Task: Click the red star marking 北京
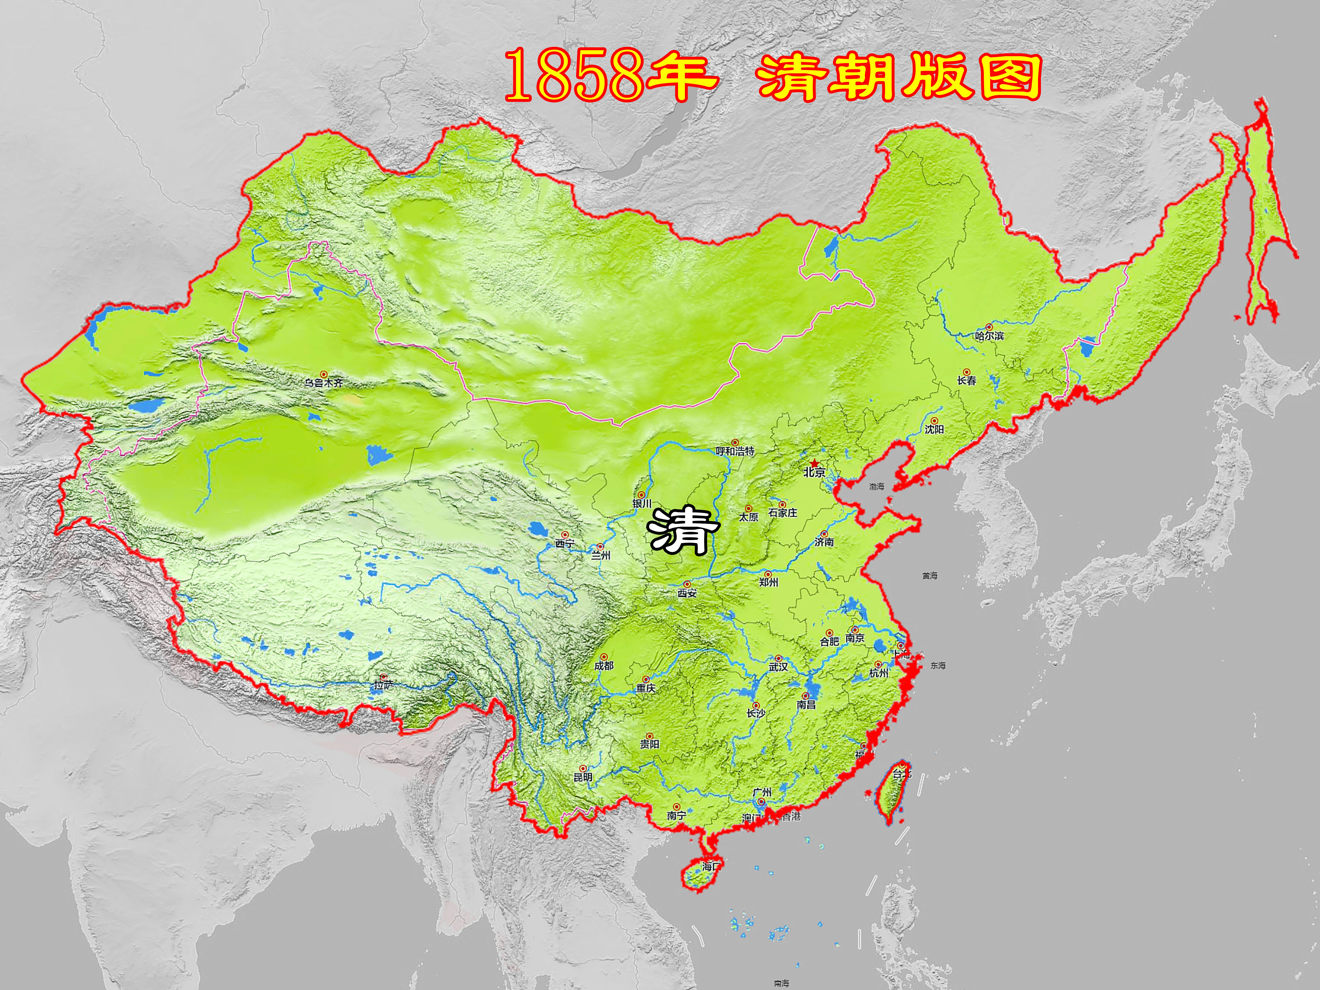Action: pyautogui.click(x=815, y=463)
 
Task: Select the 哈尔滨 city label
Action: pyautogui.click(x=989, y=336)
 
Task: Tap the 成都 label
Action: pyautogui.click(x=604, y=665)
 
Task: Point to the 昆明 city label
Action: pyautogui.click(x=583, y=777)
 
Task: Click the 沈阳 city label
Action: pyautogui.click(x=935, y=429)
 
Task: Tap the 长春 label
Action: pyautogui.click(x=967, y=380)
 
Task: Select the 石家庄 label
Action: pyautogui.click(x=782, y=513)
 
